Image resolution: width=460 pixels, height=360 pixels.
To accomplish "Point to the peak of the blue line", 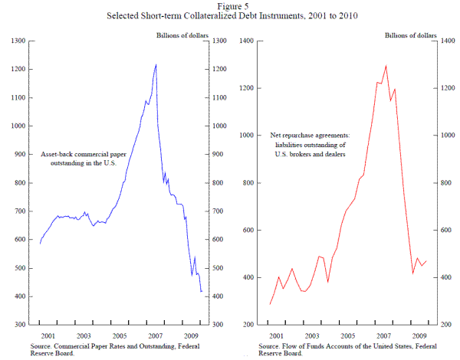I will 156,65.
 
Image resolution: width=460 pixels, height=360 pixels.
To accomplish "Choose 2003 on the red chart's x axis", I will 310,336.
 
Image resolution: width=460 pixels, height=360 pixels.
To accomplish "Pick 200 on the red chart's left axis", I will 249,325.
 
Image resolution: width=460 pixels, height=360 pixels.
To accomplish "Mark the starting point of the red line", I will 270,305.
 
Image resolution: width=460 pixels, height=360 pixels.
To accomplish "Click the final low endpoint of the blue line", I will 202,292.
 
